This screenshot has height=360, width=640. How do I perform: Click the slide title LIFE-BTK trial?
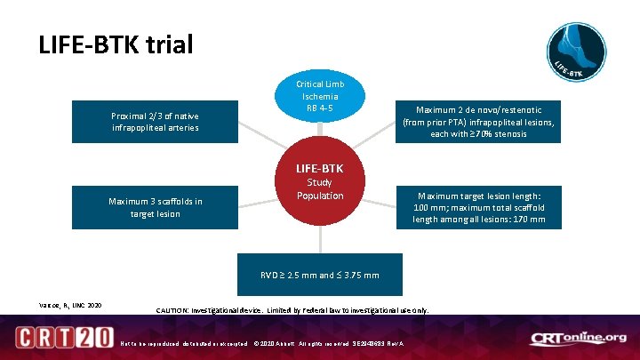pyautogui.click(x=116, y=44)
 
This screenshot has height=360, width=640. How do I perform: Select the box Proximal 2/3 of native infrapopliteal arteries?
pyautogui.click(x=156, y=122)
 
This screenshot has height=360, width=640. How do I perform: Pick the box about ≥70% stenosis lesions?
pyautogui.click(x=477, y=122)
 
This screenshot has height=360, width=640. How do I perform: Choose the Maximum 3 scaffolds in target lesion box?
pyautogui.click(x=156, y=207)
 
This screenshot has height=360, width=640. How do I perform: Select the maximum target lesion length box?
pyautogui.click(x=478, y=207)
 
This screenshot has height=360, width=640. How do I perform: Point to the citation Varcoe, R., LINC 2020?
pyautogui.click(x=70, y=306)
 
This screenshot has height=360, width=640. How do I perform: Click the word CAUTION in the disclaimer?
pyautogui.click(x=170, y=311)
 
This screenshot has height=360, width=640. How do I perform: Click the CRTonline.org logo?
pyautogui.click(x=578, y=339)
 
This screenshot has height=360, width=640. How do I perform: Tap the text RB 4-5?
pyautogui.click(x=319, y=108)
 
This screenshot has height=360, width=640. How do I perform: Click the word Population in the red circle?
pyautogui.click(x=320, y=196)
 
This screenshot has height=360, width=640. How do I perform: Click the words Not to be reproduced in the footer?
pyautogui.click(x=148, y=344)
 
